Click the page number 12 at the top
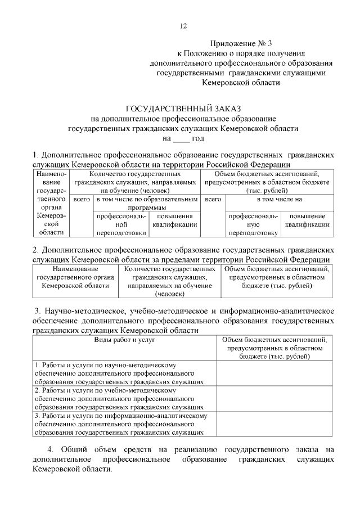point(183,26)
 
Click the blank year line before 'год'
point(181,138)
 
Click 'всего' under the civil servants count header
point(82,199)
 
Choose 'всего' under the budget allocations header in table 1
point(213,199)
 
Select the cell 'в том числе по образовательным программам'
point(147,203)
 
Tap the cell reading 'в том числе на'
point(280,199)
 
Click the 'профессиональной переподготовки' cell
point(121,224)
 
